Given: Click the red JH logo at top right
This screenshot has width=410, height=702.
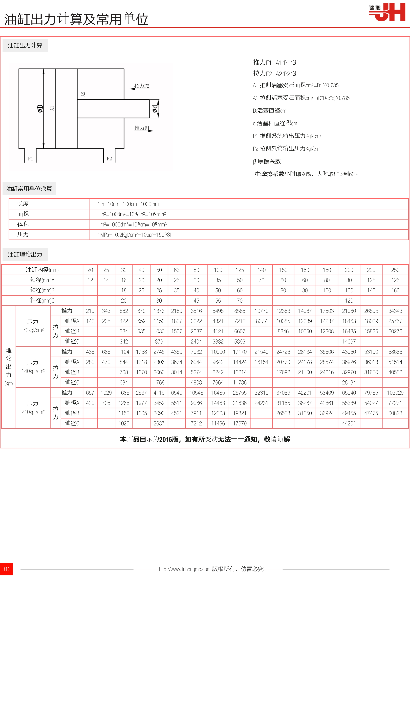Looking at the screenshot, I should tap(387, 12).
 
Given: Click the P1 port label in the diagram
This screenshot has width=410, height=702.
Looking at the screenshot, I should tap(30, 159).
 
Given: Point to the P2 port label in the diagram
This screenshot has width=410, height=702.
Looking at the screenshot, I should tap(109, 159).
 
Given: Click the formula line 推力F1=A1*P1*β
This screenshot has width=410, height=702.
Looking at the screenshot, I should tap(274, 63).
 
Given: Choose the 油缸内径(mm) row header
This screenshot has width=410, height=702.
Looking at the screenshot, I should tap(42, 270).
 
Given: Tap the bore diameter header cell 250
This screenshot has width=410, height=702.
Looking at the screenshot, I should tap(395, 270).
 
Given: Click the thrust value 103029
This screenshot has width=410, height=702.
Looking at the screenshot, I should tap(395, 393).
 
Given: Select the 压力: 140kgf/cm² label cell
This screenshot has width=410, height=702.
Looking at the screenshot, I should tap(33, 367).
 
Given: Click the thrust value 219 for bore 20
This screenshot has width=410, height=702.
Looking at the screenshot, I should tap(90, 311).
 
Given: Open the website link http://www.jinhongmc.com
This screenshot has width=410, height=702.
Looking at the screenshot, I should tap(185, 569).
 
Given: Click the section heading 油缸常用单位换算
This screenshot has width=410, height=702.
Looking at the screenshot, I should tap(29, 189).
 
